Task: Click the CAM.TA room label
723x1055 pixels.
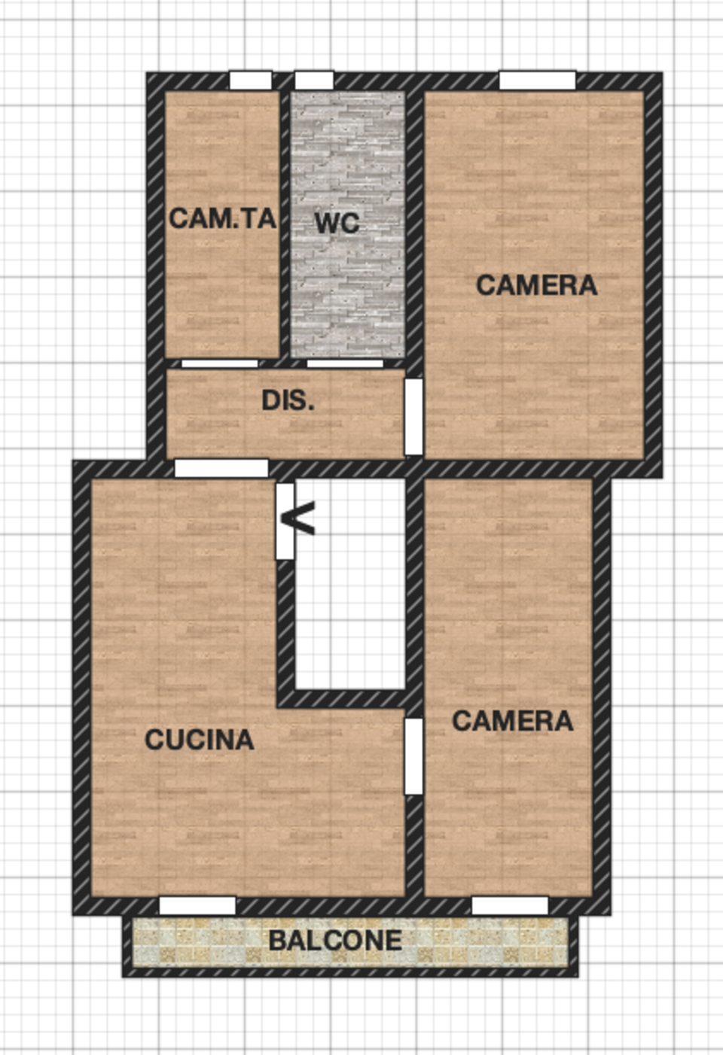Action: click(x=222, y=219)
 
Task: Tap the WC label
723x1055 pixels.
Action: click(x=337, y=223)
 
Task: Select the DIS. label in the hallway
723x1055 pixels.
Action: click(x=288, y=401)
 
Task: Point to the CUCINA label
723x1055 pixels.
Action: click(x=200, y=740)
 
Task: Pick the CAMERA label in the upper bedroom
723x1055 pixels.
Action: click(x=537, y=285)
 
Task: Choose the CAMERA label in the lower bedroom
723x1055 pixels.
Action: click(x=513, y=721)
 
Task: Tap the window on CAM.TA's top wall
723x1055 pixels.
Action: click(x=251, y=81)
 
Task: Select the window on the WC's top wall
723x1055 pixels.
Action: click(x=314, y=81)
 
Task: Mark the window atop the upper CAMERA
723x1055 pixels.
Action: click(x=538, y=81)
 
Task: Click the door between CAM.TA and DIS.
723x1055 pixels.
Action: click(x=220, y=363)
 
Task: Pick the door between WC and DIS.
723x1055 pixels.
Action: click(x=345, y=363)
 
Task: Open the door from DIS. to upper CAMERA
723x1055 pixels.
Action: click(x=413, y=417)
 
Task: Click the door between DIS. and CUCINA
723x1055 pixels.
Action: click(x=221, y=469)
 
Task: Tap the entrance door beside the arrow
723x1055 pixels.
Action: click(x=285, y=521)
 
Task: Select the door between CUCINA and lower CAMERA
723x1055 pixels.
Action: click(x=413, y=756)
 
